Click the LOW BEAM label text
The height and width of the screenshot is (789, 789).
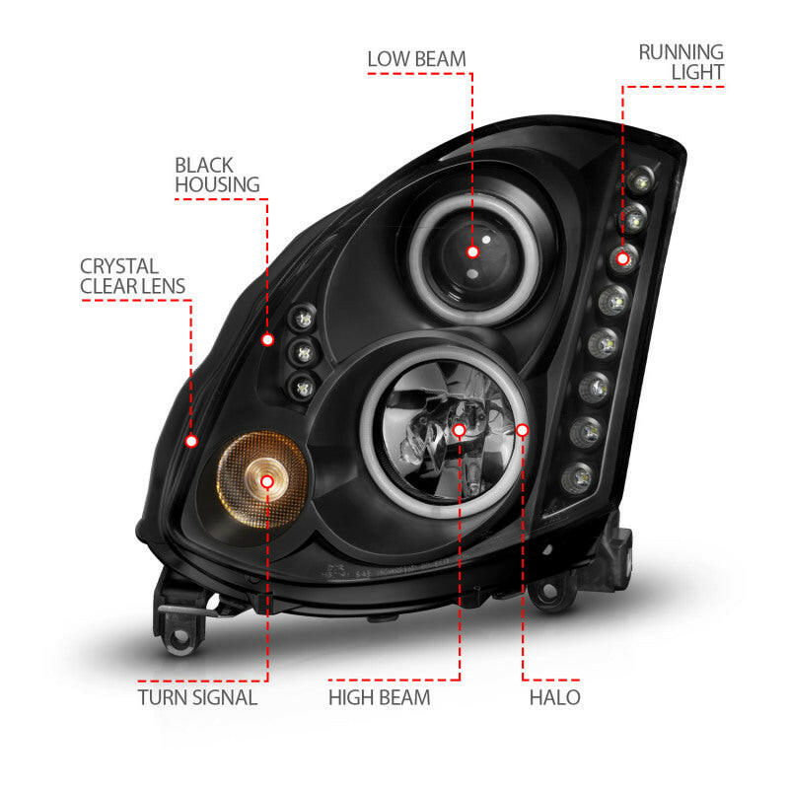[x=416, y=58]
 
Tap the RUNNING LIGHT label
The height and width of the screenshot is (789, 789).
[x=681, y=61]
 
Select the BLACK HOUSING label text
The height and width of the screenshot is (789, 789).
[x=217, y=175]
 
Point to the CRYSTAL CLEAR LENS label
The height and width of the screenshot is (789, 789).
[x=133, y=276]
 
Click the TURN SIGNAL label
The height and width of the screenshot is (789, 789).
[x=197, y=697]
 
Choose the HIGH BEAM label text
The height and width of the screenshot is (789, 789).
[x=380, y=697]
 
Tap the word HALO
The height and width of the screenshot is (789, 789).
[x=553, y=697]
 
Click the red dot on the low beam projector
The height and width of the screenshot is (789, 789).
[x=472, y=251]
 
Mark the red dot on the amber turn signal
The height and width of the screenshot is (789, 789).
[x=268, y=480]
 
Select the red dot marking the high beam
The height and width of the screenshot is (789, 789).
[x=460, y=430]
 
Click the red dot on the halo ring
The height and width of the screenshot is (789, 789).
[x=523, y=430]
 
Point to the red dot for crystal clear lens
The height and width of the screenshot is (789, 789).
[x=191, y=440]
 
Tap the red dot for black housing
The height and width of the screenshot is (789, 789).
[x=267, y=338]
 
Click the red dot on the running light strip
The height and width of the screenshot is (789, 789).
[x=622, y=258]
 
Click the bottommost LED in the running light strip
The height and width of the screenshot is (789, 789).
[x=576, y=480]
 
